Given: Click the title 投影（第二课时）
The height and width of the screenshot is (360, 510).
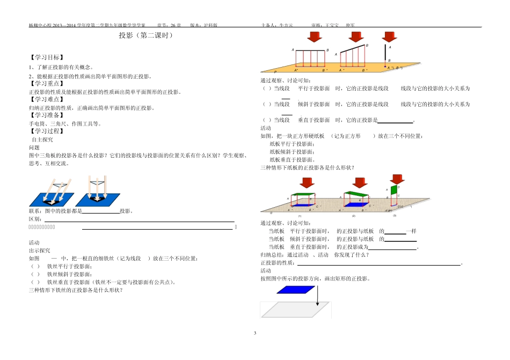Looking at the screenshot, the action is tap(145, 36).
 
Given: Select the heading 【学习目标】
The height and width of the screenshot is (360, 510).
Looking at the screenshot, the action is tap(46, 57).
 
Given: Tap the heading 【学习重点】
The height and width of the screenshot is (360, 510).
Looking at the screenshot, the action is tap(46, 84).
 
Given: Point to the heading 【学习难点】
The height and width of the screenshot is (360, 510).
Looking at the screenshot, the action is tap(46, 99).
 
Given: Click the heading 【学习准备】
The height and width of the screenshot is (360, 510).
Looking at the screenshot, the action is tap(46, 115).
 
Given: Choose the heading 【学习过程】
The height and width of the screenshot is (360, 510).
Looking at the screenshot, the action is tap(46, 130).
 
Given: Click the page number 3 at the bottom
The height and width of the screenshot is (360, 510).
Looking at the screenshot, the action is tap(255, 334).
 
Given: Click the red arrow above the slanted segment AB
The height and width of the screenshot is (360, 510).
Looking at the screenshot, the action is tap(355, 37).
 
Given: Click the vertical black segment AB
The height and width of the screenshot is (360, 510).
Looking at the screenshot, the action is tap(389, 54).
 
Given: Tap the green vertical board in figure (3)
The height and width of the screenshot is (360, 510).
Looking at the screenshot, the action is tap(394, 190).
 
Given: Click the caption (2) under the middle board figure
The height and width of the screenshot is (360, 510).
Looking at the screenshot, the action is tap(354, 216).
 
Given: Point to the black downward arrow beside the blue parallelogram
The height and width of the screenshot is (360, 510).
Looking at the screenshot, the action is tap(317, 296).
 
